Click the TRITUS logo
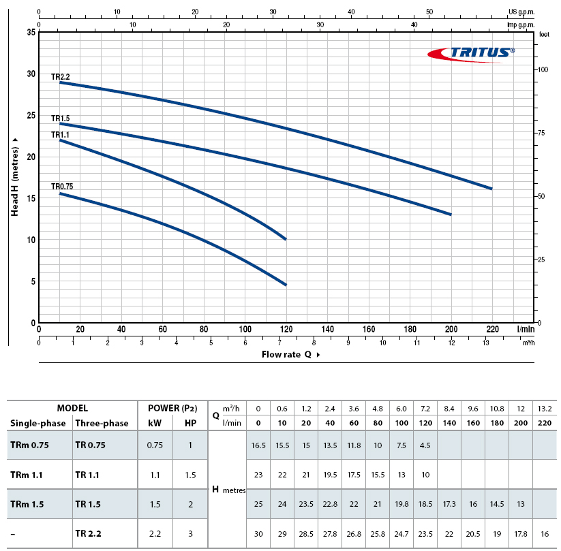[470, 53]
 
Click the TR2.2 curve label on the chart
[61, 77]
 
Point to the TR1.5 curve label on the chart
[61, 119]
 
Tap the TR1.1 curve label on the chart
[61, 135]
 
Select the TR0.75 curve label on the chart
[62, 187]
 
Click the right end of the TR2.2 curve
[491, 189]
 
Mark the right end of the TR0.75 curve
[286, 285]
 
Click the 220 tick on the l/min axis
[492, 330]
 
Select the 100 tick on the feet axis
[543, 70]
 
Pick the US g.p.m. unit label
[522, 12]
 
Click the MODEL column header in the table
[72, 408]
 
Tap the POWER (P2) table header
[172, 408]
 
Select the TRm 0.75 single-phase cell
[30, 445]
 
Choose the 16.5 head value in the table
[258, 445]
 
